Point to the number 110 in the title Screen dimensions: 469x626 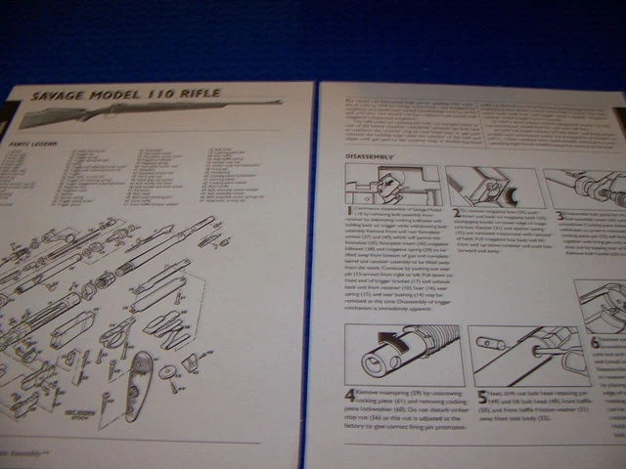click(161, 94)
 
